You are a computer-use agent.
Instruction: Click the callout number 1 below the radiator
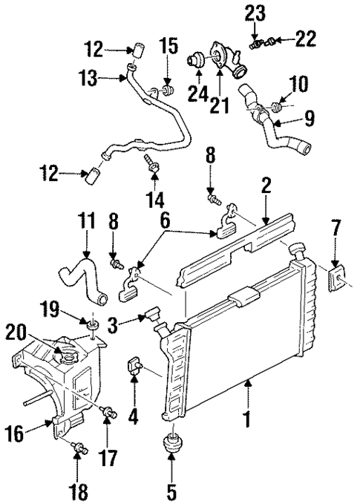pos(246,420)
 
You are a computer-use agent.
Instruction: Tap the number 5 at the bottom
pos(172,491)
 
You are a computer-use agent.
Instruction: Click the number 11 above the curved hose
pos(87,221)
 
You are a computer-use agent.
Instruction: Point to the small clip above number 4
pos(136,364)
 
